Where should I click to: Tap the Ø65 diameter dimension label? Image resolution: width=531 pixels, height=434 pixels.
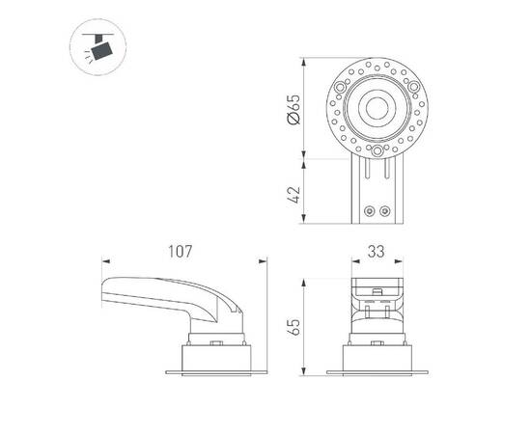pyautogui.click(x=293, y=108)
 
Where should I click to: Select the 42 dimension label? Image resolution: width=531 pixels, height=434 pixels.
pyautogui.click(x=293, y=192)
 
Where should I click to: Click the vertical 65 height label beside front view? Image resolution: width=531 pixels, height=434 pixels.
pyautogui.click(x=293, y=328)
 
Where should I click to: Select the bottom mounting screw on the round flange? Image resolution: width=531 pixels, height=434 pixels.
pyautogui.click(x=375, y=150)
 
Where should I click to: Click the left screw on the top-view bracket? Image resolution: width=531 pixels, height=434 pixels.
pyautogui.click(x=367, y=210)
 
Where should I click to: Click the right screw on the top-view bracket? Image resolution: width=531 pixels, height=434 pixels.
pyautogui.click(x=384, y=210)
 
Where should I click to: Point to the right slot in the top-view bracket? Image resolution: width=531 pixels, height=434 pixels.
pyautogui.click(x=384, y=172)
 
